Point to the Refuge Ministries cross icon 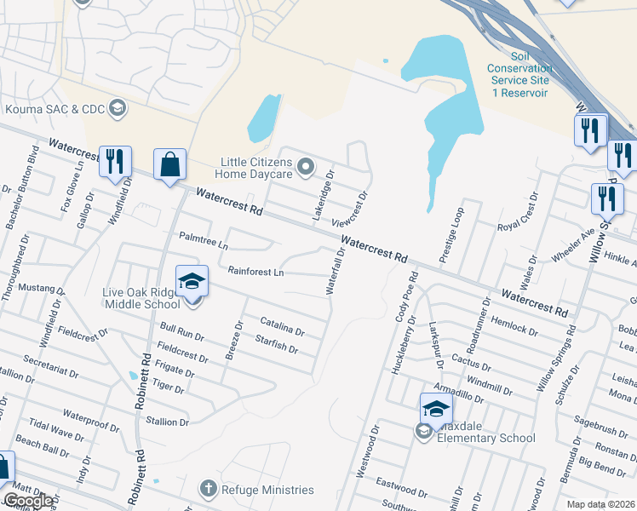(206, 489)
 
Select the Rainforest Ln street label (255, 273)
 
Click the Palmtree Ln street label (204, 240)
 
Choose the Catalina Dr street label (282, 326)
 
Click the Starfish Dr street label (276, 344)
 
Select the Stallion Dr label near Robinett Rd (167, 422)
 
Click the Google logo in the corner (28, 502)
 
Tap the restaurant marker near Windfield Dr (114, 162)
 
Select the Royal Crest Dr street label (518, 213)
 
